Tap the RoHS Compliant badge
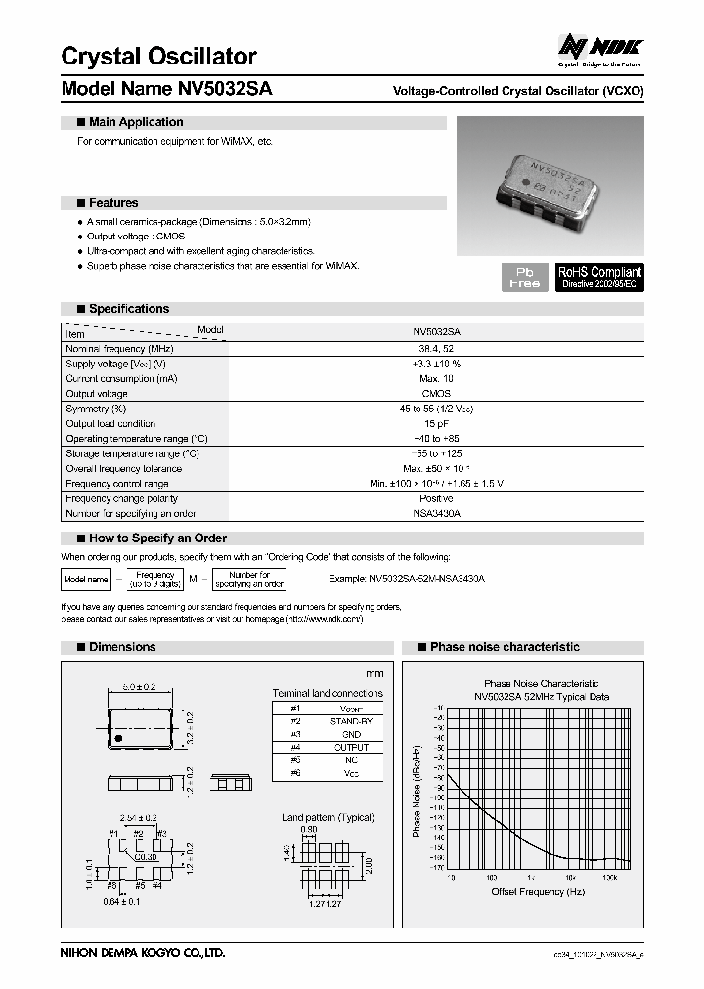599,277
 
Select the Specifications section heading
128,309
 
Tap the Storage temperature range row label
132,454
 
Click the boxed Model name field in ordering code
85,580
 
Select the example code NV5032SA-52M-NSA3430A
407,580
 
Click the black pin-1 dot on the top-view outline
119,736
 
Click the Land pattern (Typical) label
322,816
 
